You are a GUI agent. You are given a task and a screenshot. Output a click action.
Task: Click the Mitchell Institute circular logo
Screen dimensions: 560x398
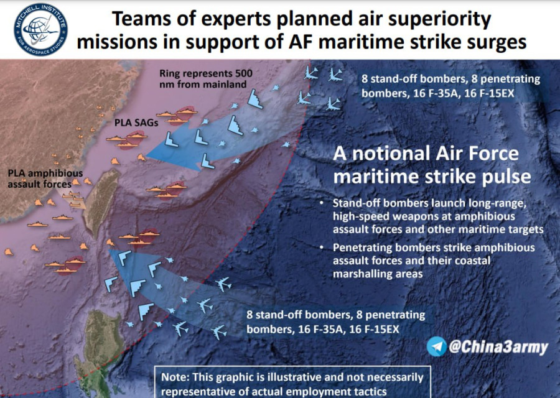coord(40,29)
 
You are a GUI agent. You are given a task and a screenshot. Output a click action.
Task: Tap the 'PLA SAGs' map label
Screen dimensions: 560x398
coord(136,123)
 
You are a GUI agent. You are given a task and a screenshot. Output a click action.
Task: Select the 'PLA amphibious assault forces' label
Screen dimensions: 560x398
coord(45,179)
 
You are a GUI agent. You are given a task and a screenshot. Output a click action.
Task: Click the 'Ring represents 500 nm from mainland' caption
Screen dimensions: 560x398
coord(206,79)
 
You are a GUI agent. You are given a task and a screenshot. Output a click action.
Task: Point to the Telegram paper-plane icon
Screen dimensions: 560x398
coord(436,346)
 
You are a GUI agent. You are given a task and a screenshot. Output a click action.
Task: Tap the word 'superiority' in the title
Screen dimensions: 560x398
coord(439,19)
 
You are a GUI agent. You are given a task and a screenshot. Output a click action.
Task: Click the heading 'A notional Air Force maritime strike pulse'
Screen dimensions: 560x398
coord(432,165)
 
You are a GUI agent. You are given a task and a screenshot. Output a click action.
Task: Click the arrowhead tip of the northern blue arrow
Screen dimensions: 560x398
coord(147,156)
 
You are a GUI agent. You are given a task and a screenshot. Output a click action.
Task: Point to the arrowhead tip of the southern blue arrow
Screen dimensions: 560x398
coord(110,250)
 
